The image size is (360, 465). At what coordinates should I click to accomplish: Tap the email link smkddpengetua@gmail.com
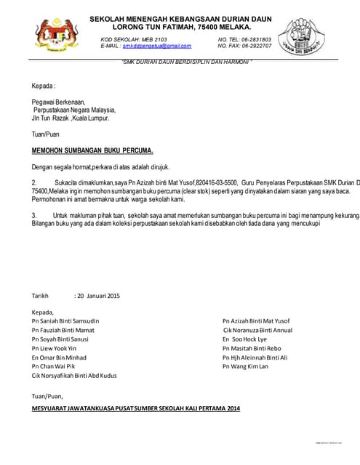(151, 46)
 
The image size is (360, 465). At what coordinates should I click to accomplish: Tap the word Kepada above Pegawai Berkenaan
(44, 86)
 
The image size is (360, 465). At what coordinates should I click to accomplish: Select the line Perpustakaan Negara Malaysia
(75, 110)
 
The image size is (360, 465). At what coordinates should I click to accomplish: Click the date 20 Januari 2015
(98, 296)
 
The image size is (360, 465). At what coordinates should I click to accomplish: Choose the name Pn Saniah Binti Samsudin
(65, 320)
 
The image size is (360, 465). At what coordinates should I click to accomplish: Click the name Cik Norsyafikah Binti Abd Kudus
(74, 376)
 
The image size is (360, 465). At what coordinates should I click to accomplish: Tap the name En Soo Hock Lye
(244, 339)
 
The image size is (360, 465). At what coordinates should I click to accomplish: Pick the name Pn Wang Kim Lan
(245, 367)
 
